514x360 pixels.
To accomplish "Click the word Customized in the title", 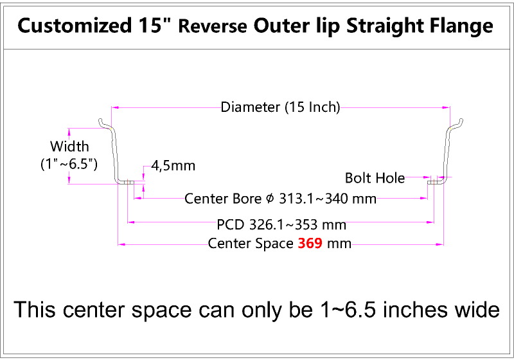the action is tap(75, 26).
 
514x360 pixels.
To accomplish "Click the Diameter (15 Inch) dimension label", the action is tap(280, 107).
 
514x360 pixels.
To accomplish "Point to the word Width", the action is tap(69, 146).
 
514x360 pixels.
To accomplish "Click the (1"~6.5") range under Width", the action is tap(69, 164).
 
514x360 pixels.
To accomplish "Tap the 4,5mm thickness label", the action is tap(173, 166).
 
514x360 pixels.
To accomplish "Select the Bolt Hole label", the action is tap(375, 178).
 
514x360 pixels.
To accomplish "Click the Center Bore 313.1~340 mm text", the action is tap(280, 199).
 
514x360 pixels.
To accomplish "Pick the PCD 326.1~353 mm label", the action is tap(281, 224).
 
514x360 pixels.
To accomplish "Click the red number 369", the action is tap(310, 244).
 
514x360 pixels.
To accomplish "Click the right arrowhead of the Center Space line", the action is tap(440, 244).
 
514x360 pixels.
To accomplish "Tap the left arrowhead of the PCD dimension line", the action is tap(131, 222).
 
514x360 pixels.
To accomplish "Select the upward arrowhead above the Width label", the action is tap(69, 132).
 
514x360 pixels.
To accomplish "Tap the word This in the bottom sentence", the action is tap(35, 310).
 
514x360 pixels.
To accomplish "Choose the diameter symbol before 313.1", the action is tap(270, 199).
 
